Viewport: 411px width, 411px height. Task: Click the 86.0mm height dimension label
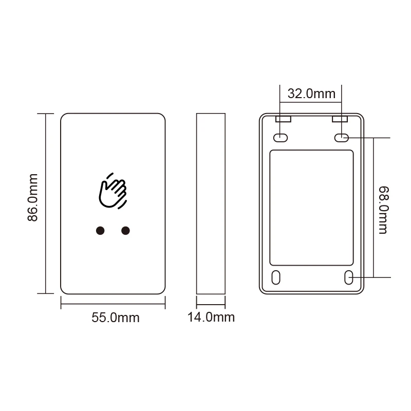click(x=33, y=197)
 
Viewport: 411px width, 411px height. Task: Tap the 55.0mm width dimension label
click(x=115, y=317)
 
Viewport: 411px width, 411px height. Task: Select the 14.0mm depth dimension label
click(x=211, y=317)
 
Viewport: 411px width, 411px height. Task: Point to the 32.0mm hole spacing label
click(x=311, y=94)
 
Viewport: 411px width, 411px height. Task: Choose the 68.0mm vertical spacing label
click(x=384, y=210)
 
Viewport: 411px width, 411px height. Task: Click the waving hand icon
click(x=113, y=191)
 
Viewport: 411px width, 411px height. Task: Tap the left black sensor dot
click(x=100, y=231)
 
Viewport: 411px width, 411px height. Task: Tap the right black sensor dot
click(x=125, y=231)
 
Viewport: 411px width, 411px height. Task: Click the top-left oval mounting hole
click(x=281, y=138)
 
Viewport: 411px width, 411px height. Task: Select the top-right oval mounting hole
click(x=342, y=138)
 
